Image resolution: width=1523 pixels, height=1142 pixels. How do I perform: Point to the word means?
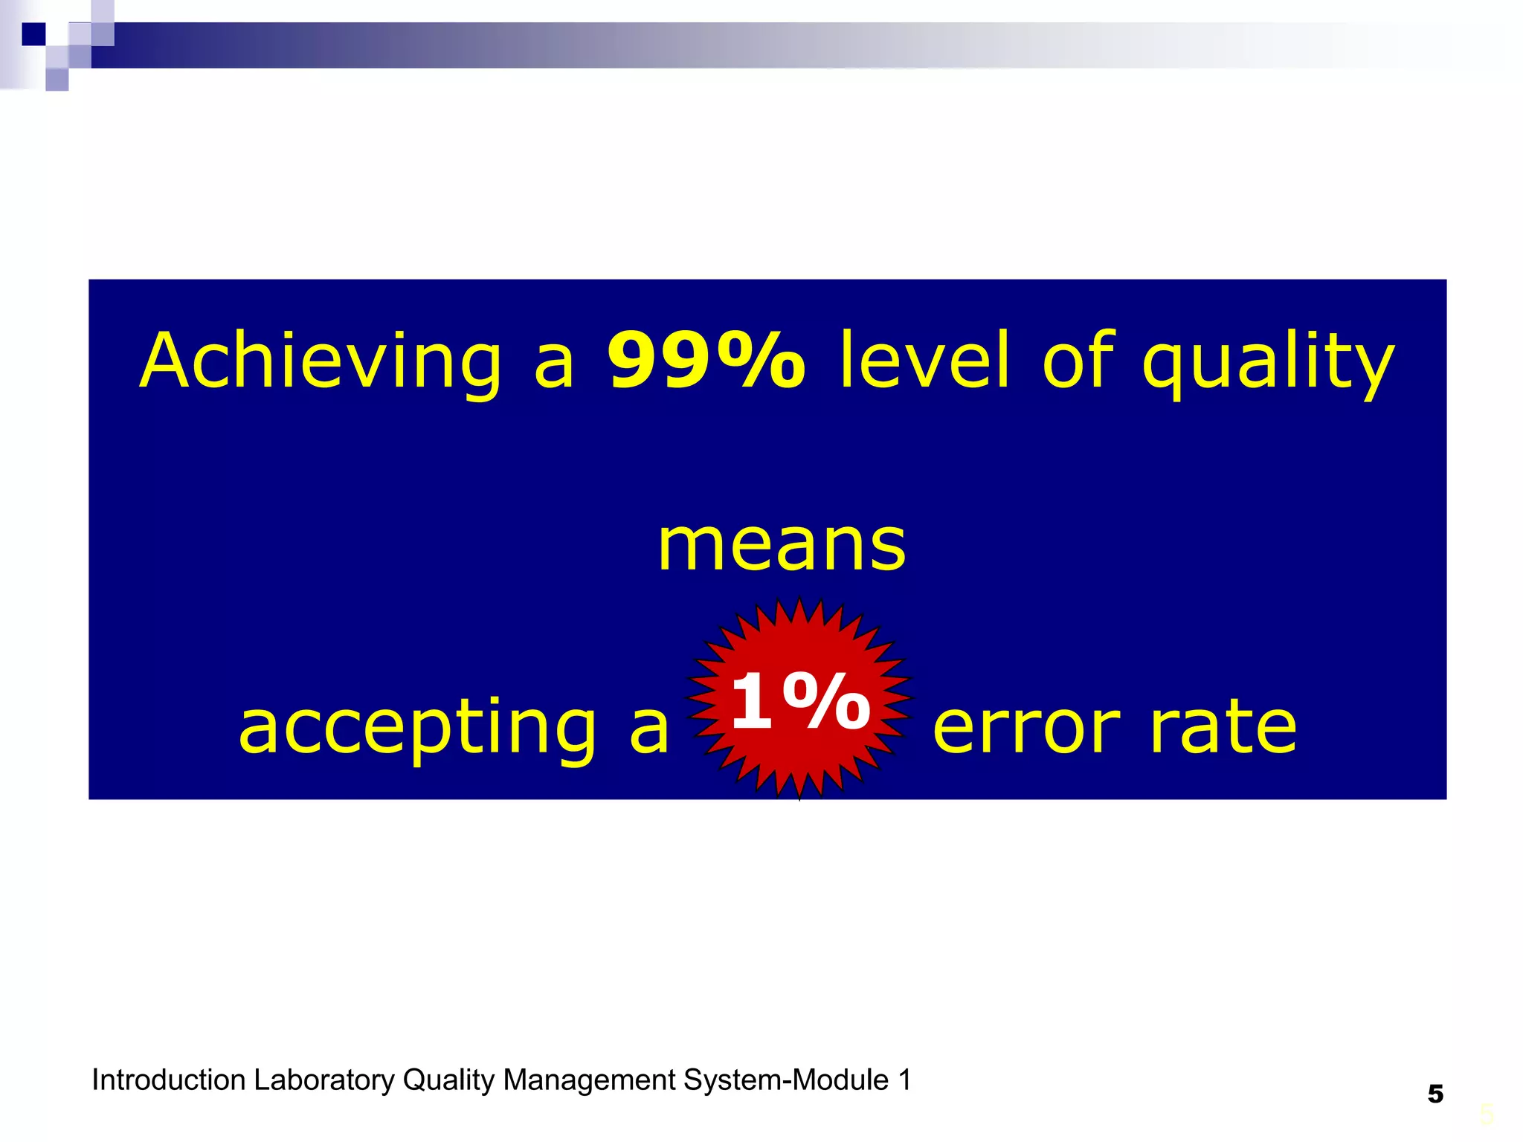click(782, 546)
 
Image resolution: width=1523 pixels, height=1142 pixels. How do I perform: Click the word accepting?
click(417, 729)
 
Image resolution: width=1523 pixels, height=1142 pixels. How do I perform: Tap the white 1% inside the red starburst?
click(799, 701)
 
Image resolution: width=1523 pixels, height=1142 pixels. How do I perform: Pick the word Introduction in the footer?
click(168, 1080)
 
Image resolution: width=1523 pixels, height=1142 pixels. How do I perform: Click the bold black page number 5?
click(1435, 1094)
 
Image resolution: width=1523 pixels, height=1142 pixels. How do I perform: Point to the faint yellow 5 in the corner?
click(1487, 1114)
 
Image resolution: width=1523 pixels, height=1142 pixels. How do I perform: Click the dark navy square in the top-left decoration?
click(33, 34)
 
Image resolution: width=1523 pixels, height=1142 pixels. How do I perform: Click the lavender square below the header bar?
click(57, 80)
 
